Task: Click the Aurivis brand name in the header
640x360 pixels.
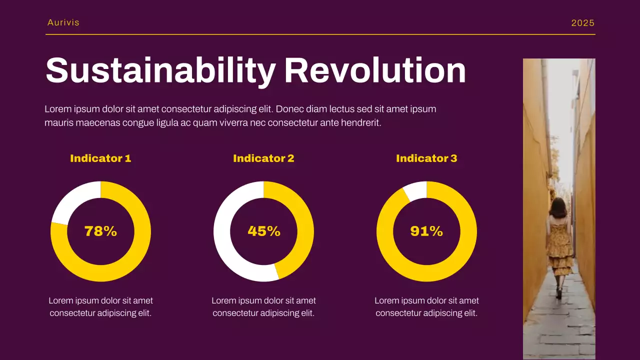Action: (x=63, y=22)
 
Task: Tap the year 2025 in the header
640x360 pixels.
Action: (x=583, y=23)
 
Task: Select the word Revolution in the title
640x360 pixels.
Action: (x=375, y=70)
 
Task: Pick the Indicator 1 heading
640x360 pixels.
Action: (x=100, y=158)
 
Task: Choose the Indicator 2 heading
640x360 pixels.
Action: (x=263, y=158)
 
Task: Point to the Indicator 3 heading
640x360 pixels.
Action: (x=426, y=158)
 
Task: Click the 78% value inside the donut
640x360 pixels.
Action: (x=100, y=231)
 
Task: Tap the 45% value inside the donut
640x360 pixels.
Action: (x=264, y=231)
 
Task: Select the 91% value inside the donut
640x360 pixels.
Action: (x=426, y=231)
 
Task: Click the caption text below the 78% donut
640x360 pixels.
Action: (x=100, y=307)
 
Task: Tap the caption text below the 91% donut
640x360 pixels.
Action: (x=426, y=307)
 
